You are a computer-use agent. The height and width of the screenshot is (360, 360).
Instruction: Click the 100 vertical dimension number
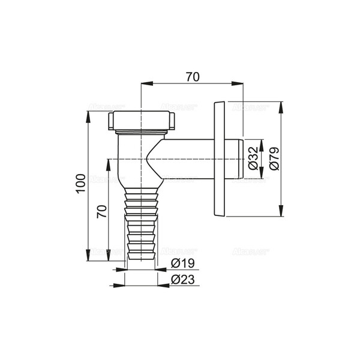pos(82,182)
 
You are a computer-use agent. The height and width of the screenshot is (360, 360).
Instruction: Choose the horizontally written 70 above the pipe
pos(191,77)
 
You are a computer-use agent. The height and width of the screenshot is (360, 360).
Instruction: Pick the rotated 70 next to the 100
pos(101,212)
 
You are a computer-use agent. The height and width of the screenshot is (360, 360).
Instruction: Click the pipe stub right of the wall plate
pos(236,158)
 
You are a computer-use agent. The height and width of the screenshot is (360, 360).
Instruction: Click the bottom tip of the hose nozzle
pos(142,257)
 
